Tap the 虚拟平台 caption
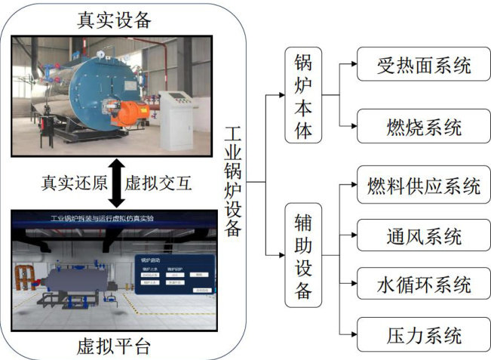pyautogui.click(x=115, y=346)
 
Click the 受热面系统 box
pyautogui.click(x=424, y=65)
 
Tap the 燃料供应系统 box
pyautogui.click(x=424, y=186)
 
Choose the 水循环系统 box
pyautogui.click(x=424, y=285)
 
